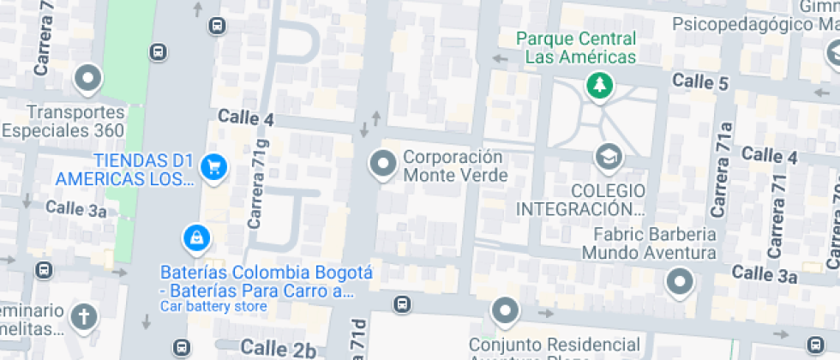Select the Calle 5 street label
click(700, 82)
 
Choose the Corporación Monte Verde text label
click(454, 166)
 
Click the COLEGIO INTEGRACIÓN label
click(580, 199)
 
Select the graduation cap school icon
click(609, 157)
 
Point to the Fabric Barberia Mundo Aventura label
click(649, 243)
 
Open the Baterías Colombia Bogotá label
click(267, 282)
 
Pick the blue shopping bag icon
click(197, 237)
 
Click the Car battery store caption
click(213, 307)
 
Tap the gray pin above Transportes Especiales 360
click(87, 80)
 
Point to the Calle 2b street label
click(278, 347)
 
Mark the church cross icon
click(84, 316)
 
